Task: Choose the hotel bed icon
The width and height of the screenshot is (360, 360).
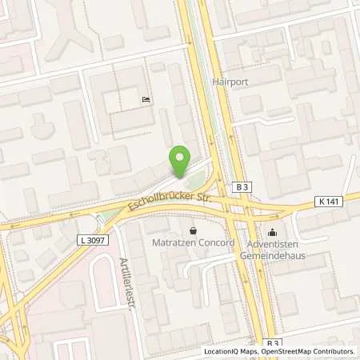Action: [x=144, y=100]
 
